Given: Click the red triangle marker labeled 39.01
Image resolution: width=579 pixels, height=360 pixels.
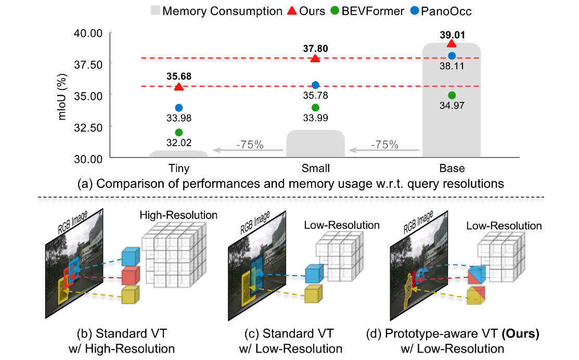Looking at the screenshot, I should click(x=452, y=44).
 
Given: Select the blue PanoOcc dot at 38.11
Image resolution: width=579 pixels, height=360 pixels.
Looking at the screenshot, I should click(x=452, y=56).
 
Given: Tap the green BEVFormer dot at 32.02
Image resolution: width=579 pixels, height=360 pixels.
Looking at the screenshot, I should click(x=179, y=132).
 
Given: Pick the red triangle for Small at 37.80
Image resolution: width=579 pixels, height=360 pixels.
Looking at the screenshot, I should click(x=315, y=58).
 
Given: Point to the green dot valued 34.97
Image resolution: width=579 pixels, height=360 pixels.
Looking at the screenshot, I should click(x=452, y=95).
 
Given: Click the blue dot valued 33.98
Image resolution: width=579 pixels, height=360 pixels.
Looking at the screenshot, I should click(x=179, y=108).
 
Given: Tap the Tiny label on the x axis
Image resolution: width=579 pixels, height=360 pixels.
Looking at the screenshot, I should click(x=178, y=169).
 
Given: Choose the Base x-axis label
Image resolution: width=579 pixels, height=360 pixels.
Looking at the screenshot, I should click(x=451, y=169).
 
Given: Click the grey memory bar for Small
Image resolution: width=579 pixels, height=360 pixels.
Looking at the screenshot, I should click(x=315, y=144).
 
